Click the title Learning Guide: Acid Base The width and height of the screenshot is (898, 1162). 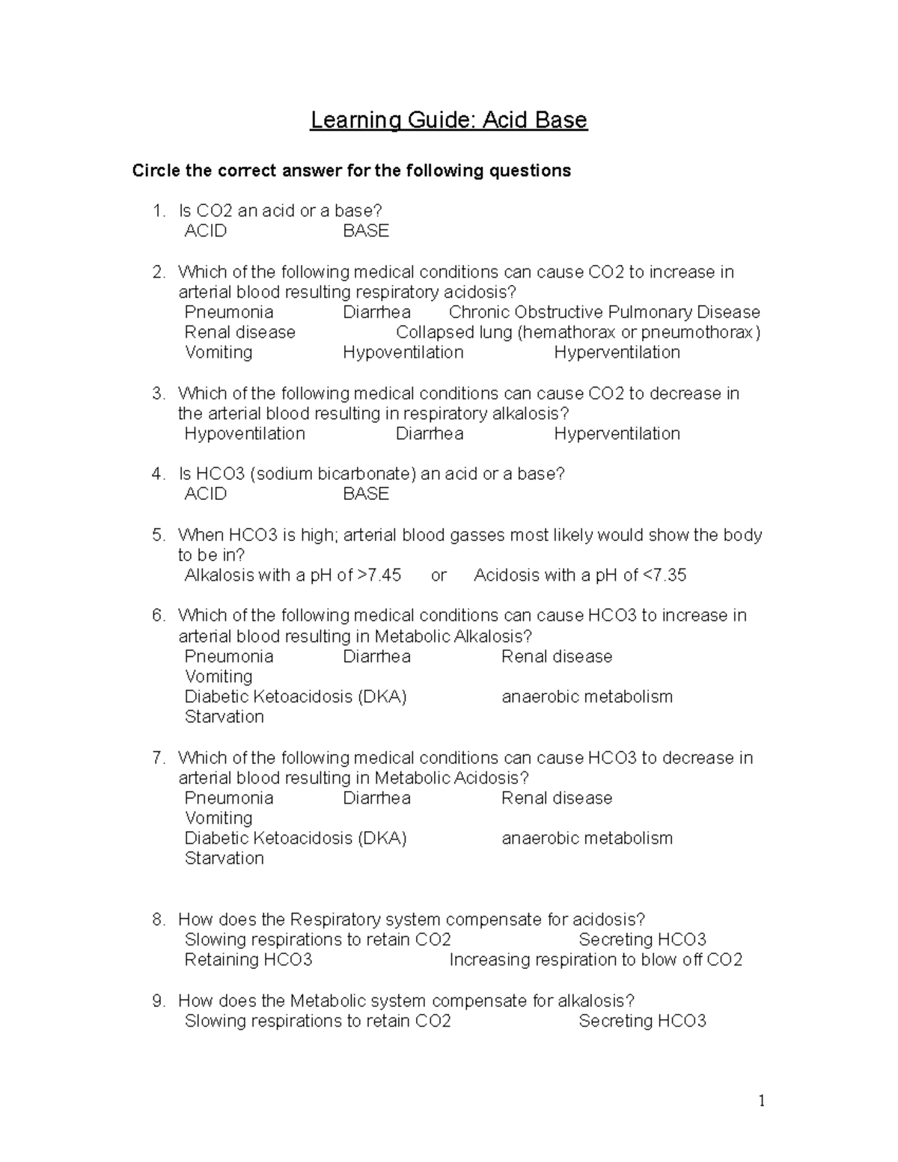[x=449, y=120]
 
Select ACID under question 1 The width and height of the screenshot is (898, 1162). [x=206, y=231]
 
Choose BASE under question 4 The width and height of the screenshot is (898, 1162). [x=366, y=494]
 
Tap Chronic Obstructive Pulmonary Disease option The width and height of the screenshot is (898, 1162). [x=604, y=312]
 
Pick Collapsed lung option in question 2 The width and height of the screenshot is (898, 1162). [x=578, y=332]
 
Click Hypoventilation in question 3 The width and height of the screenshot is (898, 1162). [x=245, y=434]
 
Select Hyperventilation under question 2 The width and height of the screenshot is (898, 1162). [x=617, y=352]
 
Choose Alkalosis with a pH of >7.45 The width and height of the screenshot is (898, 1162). [x=293, y=575]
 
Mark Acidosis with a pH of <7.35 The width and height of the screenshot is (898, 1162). [x=580, y=575]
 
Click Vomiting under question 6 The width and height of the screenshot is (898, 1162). [x=219, y=676]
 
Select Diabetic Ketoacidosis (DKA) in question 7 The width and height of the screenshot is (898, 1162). [x=296, y=838]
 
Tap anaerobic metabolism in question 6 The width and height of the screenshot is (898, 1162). [x=587, y=697]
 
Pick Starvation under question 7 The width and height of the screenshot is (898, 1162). [x=224, y=858]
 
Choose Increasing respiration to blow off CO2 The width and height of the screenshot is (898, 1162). [x=596, y=960]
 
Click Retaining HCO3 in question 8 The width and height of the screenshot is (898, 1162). [x=248, y=960]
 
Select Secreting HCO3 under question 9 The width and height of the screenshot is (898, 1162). [x=642, y=1021]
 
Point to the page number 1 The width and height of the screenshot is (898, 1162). [x=762, y=1101]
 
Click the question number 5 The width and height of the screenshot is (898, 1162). [x=158, y=535]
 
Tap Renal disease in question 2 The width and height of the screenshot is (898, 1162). [x=240, y=332]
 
